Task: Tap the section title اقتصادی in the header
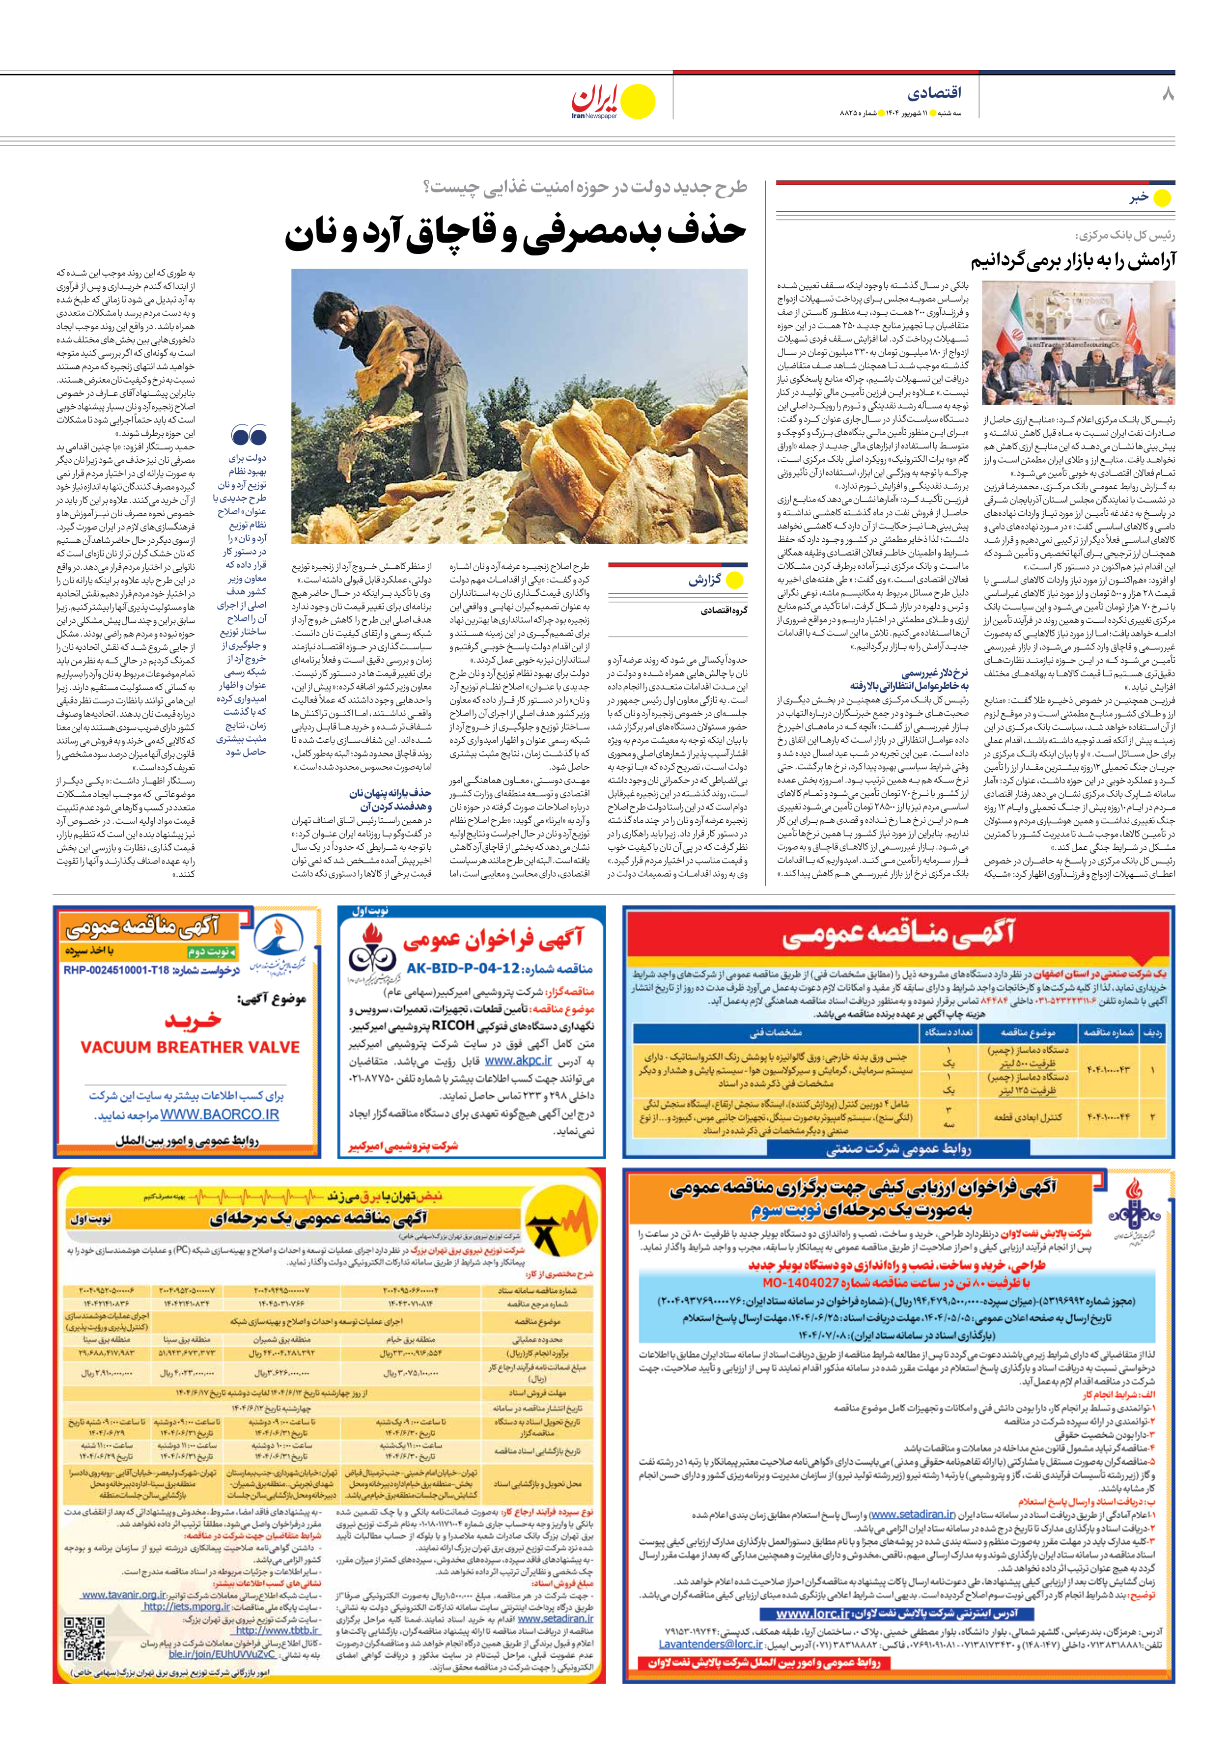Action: (934, 94)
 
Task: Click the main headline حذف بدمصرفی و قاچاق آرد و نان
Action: (516, 233)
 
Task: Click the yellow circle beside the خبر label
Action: (1162, 198)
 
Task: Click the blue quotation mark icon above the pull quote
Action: (249, 436)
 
